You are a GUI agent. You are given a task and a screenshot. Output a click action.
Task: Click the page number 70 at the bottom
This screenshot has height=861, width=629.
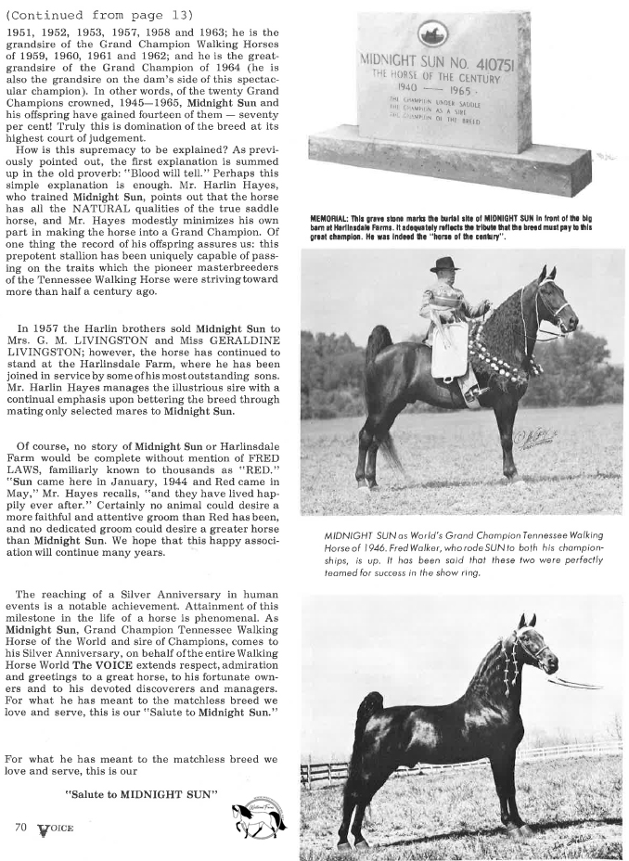coord(20,825)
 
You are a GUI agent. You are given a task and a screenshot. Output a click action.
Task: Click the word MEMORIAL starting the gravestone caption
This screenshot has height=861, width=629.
coord(331,219)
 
